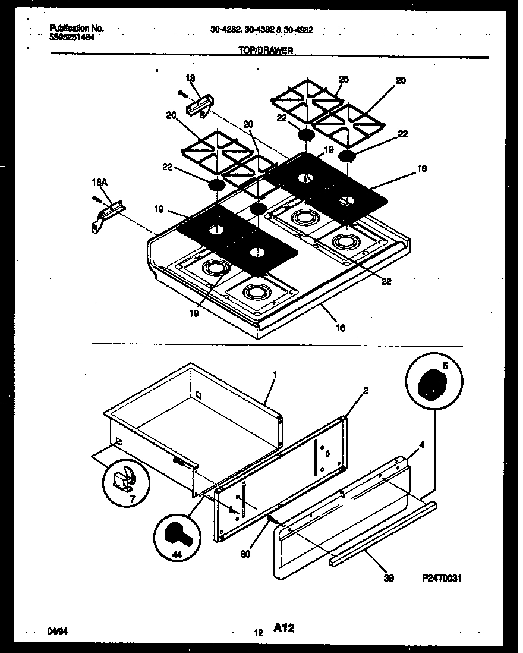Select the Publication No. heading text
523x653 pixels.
pos(76,28)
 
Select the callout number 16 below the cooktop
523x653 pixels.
pos(340,326)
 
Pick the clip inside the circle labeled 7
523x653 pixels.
pos(123,478)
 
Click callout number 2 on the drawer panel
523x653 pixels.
pos(366,390)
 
